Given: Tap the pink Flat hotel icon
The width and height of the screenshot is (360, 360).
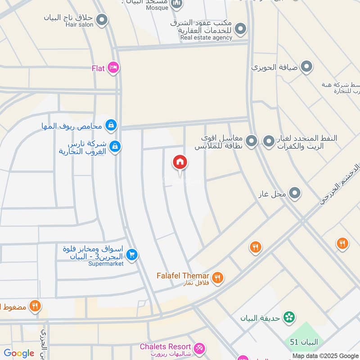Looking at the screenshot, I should pyautogui.click(x=113, y=68).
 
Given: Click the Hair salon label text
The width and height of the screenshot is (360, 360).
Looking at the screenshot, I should pyautogui.click(x=80, y=25).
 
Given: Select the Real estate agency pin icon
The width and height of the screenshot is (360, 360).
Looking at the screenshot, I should pyautogui.click(x=241, y=29).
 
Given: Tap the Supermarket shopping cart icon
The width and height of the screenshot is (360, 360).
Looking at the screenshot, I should pyautogui.click(x=131, y=255).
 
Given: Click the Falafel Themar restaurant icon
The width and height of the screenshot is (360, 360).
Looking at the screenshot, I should pyautogui.click(x=218, y=278).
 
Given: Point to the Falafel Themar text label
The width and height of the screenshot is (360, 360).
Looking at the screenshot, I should pyautogui.click(x=183, y=275).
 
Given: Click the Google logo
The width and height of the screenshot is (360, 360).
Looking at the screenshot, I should pyautogui.click(x=19, y=353).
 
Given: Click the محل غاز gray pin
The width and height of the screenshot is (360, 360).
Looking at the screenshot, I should pyautogui.click(x=295, y=193).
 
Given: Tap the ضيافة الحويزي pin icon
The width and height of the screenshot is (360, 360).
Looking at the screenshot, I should pyautogui.click(x=306, y=67).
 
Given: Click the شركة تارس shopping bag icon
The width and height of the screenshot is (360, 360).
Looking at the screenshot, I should pyautogui.click(x=115, y=146).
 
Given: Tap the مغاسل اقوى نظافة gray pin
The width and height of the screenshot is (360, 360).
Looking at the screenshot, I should pyautogui.click(x=252, y=141).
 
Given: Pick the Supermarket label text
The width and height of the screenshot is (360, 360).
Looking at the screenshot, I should pyautogui.click(x=106, y=264).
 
